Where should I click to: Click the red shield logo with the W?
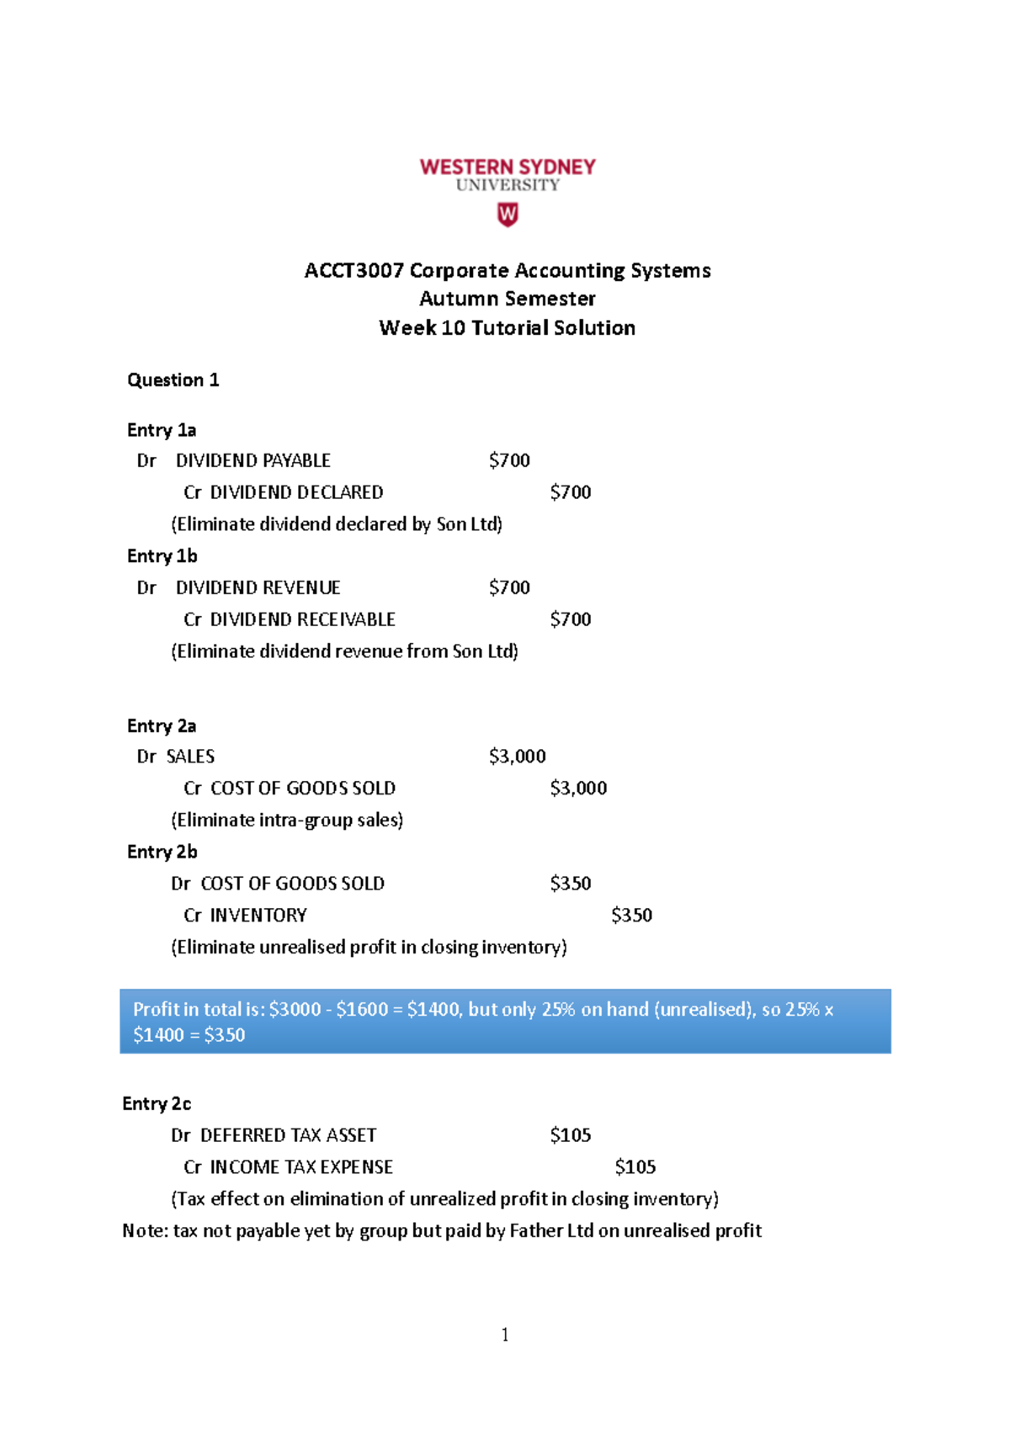[508, 215]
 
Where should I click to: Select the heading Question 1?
[173, 380]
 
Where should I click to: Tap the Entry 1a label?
[161, 430]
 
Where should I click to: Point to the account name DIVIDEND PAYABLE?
[252, 460]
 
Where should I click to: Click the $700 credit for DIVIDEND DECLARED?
[570, 492]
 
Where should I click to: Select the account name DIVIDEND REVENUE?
[258, 587]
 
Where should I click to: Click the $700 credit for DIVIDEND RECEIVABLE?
[570, 619]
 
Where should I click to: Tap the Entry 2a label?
[161, 725]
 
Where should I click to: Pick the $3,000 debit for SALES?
[517, 757]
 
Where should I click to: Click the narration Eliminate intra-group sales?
[287, 820]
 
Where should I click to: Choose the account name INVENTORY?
[258, 915]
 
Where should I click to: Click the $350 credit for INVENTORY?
[631, 915]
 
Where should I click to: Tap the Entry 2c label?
[157, 1103]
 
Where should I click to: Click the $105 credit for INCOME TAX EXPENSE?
[635, 1167]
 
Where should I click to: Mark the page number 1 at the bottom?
[505, 1335]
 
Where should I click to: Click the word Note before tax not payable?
[143, 1230]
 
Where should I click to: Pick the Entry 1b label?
[162, 556]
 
